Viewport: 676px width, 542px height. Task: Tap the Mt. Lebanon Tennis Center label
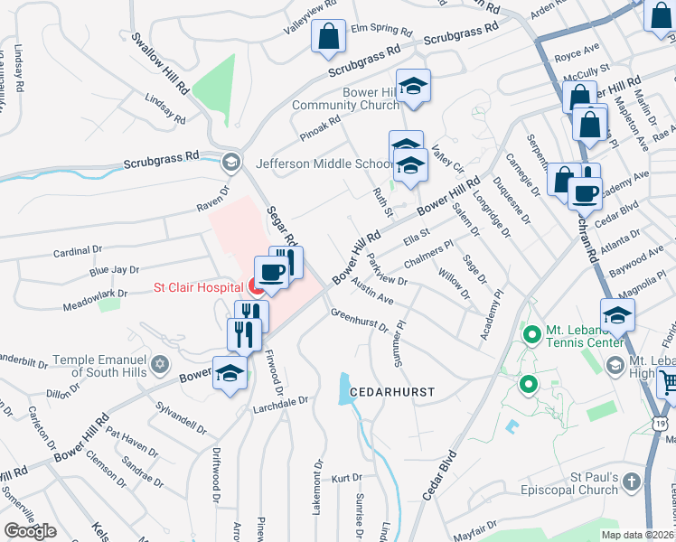pos(584,336)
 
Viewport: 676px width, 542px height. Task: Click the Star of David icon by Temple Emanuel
pos(161,364)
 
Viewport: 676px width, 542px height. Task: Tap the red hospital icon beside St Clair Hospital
pos(257,289)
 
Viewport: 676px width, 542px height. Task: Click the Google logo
pos(30,530)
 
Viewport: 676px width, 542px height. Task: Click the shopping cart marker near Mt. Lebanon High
pos(667,383)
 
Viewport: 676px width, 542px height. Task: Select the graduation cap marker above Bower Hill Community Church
pos(414,86)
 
